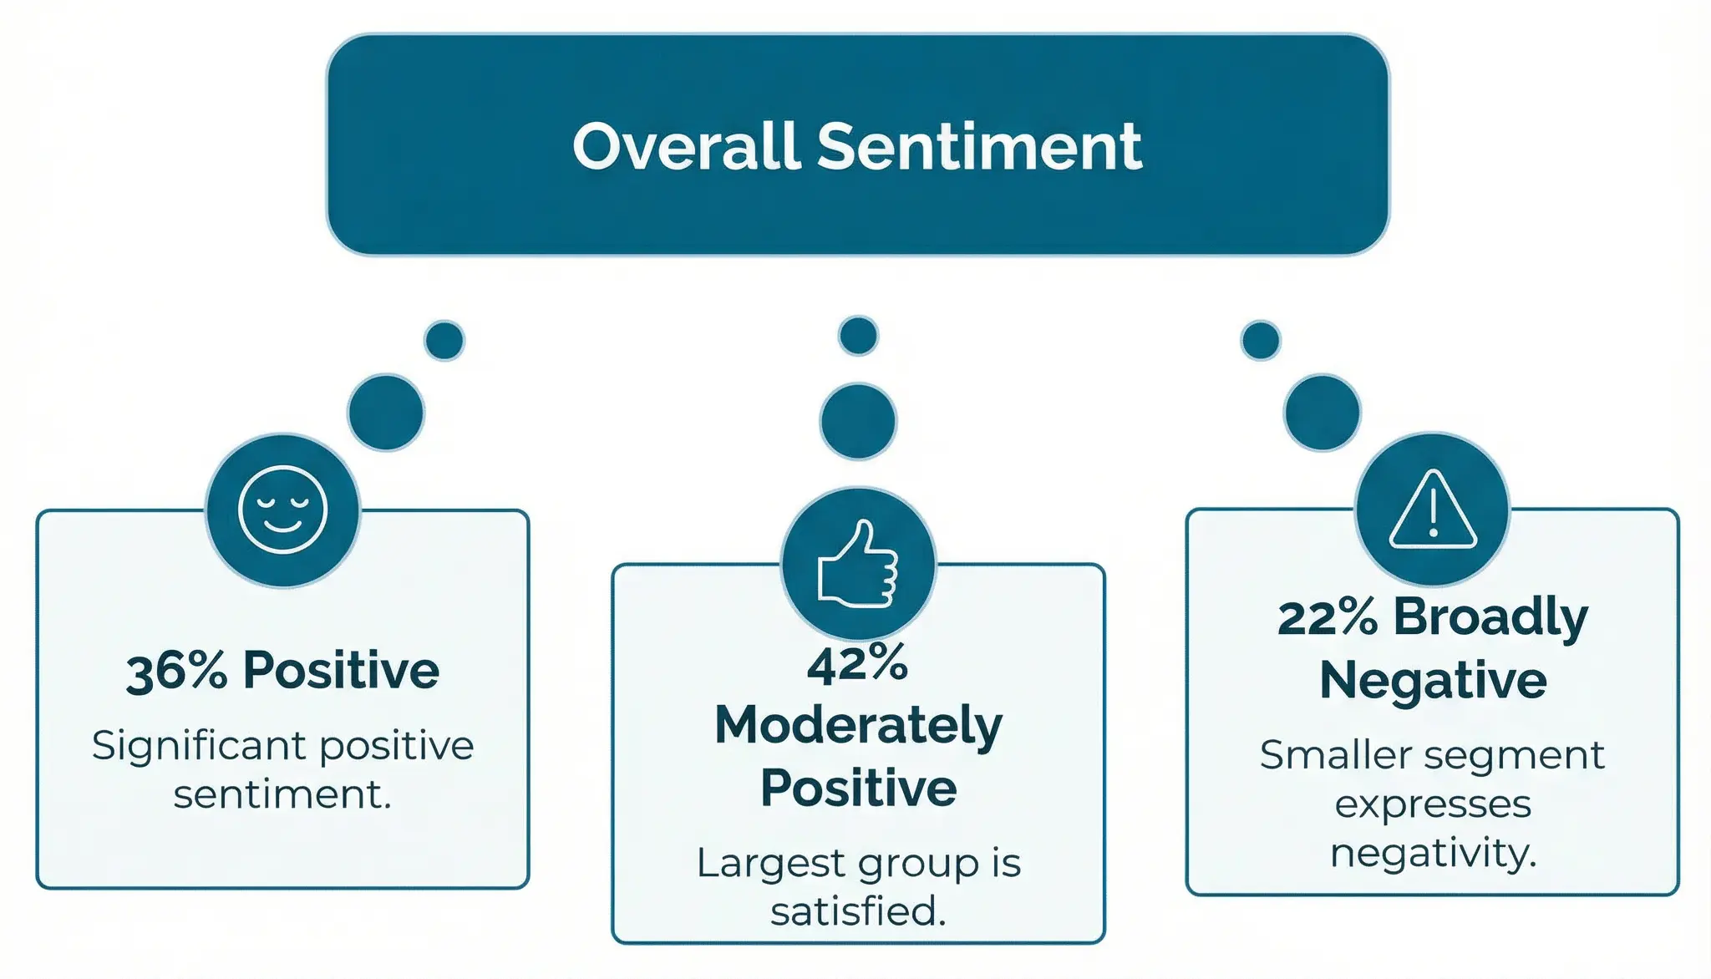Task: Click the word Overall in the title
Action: [x=687, y=146]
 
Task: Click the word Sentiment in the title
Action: [x=979, y=146]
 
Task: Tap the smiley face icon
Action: [x=282, y=510]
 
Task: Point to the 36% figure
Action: [x=176, y=671]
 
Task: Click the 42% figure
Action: [x=858, y=664]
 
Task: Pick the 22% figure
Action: [x=1328, y=618]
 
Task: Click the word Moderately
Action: [x=858, y=726]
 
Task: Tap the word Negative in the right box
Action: [x=1433, y=680]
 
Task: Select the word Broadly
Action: [x=1490, y=618]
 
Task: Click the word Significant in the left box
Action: [x=201, y=746]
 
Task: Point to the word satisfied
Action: [x=858, y=911]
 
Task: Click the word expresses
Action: [x=1433, y=805]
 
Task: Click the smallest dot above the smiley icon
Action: [x=444, y=340]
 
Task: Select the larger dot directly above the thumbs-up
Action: [x=858, y=421]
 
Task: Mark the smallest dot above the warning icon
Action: [x=1261, y=340]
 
